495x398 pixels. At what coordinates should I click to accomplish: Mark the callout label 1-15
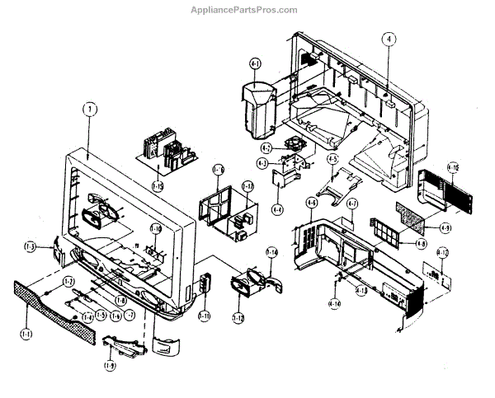(158, 186)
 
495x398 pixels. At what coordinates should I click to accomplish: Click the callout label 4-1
(255, 63)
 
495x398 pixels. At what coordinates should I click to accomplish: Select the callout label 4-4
(277, 209)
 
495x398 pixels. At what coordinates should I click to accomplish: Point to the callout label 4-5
(332, 159)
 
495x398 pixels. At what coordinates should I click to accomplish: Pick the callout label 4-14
(334, 305)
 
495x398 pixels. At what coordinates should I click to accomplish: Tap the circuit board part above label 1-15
(169, 153)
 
